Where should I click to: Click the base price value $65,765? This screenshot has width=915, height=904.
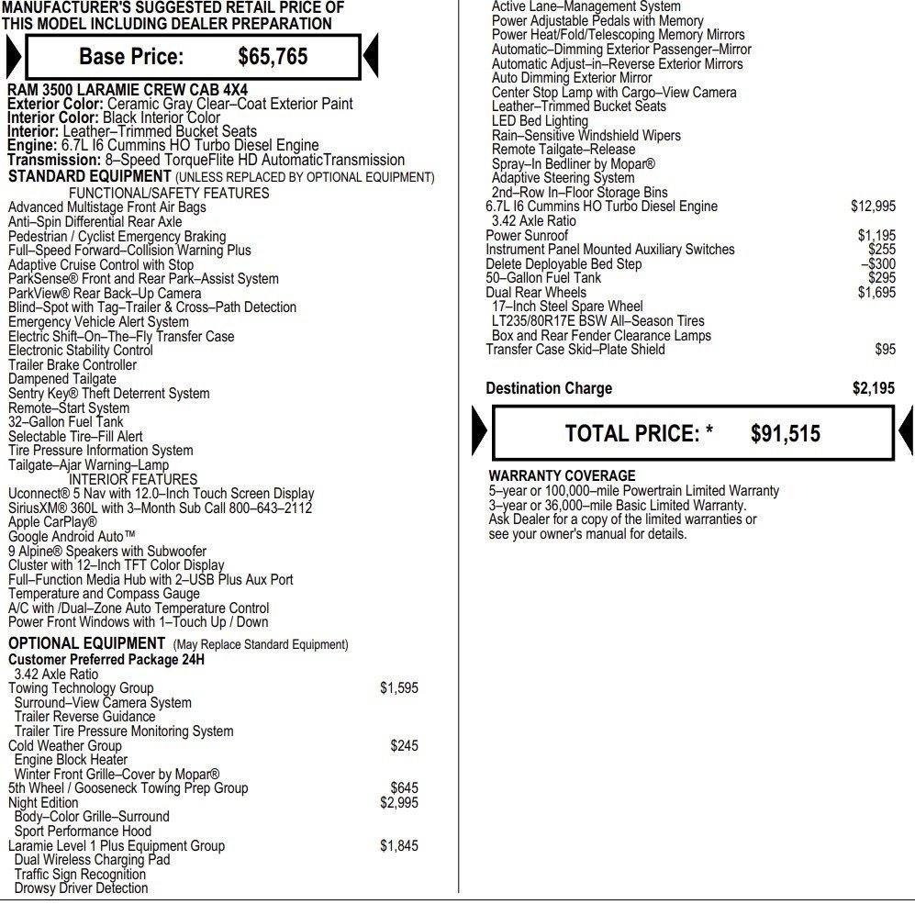[273, 57]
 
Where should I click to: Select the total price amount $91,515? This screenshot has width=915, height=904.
[785, 434]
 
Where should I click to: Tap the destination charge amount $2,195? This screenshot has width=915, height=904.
[873, 389]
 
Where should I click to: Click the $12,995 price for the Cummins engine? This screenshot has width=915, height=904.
[873, 206]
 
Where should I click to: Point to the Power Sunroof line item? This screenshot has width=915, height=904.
[527, 236]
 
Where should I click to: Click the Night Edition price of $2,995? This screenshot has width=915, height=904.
[398, 803]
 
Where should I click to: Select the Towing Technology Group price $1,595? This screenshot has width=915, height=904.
[398, 688]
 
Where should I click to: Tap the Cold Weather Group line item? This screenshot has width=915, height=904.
[65, 746]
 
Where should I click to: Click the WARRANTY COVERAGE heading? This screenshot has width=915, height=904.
[562, 476]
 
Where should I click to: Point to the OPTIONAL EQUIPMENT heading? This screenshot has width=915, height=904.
[87, 643]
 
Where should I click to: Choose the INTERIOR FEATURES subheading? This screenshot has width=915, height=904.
[133, 479]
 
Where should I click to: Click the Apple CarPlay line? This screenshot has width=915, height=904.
[52, 522]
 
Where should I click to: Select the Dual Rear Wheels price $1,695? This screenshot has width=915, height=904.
[876, 293]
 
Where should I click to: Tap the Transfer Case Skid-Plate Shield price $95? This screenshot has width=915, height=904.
[885, 350]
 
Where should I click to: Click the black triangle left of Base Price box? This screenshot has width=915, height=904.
[14, 57]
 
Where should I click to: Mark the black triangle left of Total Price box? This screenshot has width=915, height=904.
[480, 432]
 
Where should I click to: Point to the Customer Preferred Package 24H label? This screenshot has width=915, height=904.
[106, 660]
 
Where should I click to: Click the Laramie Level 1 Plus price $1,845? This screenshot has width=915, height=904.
[398, 846]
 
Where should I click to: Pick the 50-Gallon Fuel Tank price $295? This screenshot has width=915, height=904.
[881, 278]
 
